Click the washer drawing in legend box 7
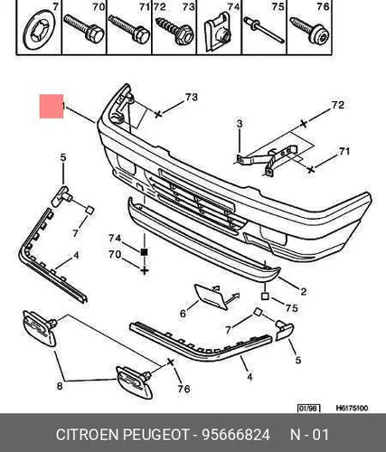39,30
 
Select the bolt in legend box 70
84,29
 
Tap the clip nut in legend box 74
218,32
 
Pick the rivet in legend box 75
264,30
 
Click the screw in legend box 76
310,31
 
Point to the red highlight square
52,107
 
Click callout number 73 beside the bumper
192,97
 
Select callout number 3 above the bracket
240,124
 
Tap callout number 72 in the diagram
337,105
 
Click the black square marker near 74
145,252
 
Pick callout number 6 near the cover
183,314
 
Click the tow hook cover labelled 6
212,297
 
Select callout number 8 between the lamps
60,386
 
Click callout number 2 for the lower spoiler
304,291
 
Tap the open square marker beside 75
265,297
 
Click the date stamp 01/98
308,409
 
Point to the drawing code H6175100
352,409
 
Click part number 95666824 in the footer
236,435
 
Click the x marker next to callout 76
170,362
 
